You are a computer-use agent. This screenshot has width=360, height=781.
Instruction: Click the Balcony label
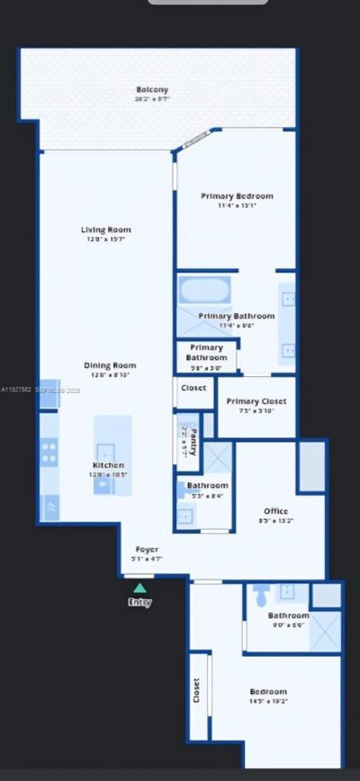tap(152, 89)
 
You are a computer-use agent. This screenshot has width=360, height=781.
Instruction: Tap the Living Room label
tap(107, 229)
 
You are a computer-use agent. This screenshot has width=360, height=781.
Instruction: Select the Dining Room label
tap(109, 365)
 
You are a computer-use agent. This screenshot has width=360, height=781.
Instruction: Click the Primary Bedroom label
tap(236, 196)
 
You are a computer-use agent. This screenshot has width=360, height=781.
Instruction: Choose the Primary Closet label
tap(256, 401)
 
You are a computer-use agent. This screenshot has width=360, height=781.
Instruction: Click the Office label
tap(275, 511)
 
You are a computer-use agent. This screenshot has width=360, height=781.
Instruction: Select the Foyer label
tap(148, 550)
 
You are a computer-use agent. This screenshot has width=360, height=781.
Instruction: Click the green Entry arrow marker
tap(139, 588)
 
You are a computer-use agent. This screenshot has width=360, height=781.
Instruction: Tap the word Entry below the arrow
tap(139, 602)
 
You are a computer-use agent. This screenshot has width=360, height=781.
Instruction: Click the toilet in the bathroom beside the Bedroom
tap(259, 594)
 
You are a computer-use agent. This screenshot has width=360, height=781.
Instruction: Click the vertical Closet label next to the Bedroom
tap(196, 691)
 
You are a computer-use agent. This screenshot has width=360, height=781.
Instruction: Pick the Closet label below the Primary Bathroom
tap(193, 389)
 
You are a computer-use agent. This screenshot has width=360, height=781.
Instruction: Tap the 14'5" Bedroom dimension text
tap(268, 703)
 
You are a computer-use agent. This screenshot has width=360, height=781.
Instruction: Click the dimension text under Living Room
tap(107, 240)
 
